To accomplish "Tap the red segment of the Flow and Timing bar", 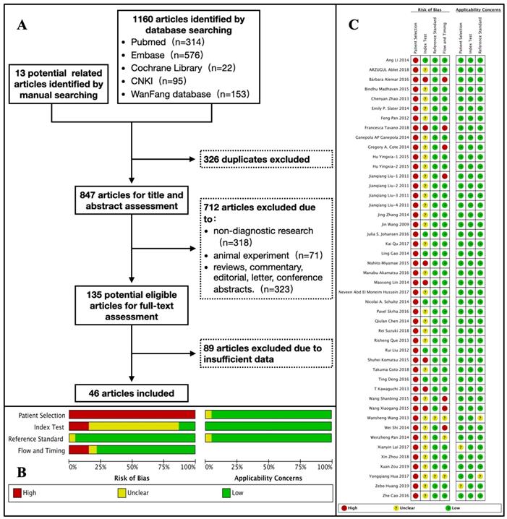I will (78, 450).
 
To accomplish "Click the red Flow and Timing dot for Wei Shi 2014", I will (444, 427).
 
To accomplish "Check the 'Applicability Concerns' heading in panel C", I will (470, 11).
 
